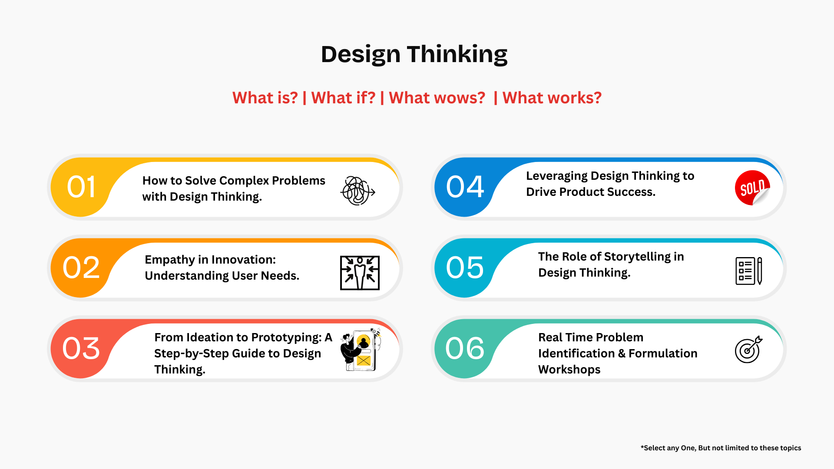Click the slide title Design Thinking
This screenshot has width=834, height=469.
414,54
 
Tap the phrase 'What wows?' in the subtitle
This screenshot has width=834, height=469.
437,98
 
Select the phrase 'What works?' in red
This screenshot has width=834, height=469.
552,98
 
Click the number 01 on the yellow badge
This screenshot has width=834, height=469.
81,187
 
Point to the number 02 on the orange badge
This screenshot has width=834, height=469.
81,268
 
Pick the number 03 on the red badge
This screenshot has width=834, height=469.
81,348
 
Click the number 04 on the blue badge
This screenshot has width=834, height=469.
465,187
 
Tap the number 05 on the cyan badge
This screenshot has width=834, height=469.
465,268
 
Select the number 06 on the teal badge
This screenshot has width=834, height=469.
465,348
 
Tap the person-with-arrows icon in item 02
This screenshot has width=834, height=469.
360,273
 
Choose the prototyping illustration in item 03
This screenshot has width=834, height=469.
361,350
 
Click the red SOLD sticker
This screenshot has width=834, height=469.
752,188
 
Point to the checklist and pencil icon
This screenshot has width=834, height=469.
749,271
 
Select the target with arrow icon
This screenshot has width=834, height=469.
748,349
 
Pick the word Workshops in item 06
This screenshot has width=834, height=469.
569,370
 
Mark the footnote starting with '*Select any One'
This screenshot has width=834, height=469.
721,448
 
